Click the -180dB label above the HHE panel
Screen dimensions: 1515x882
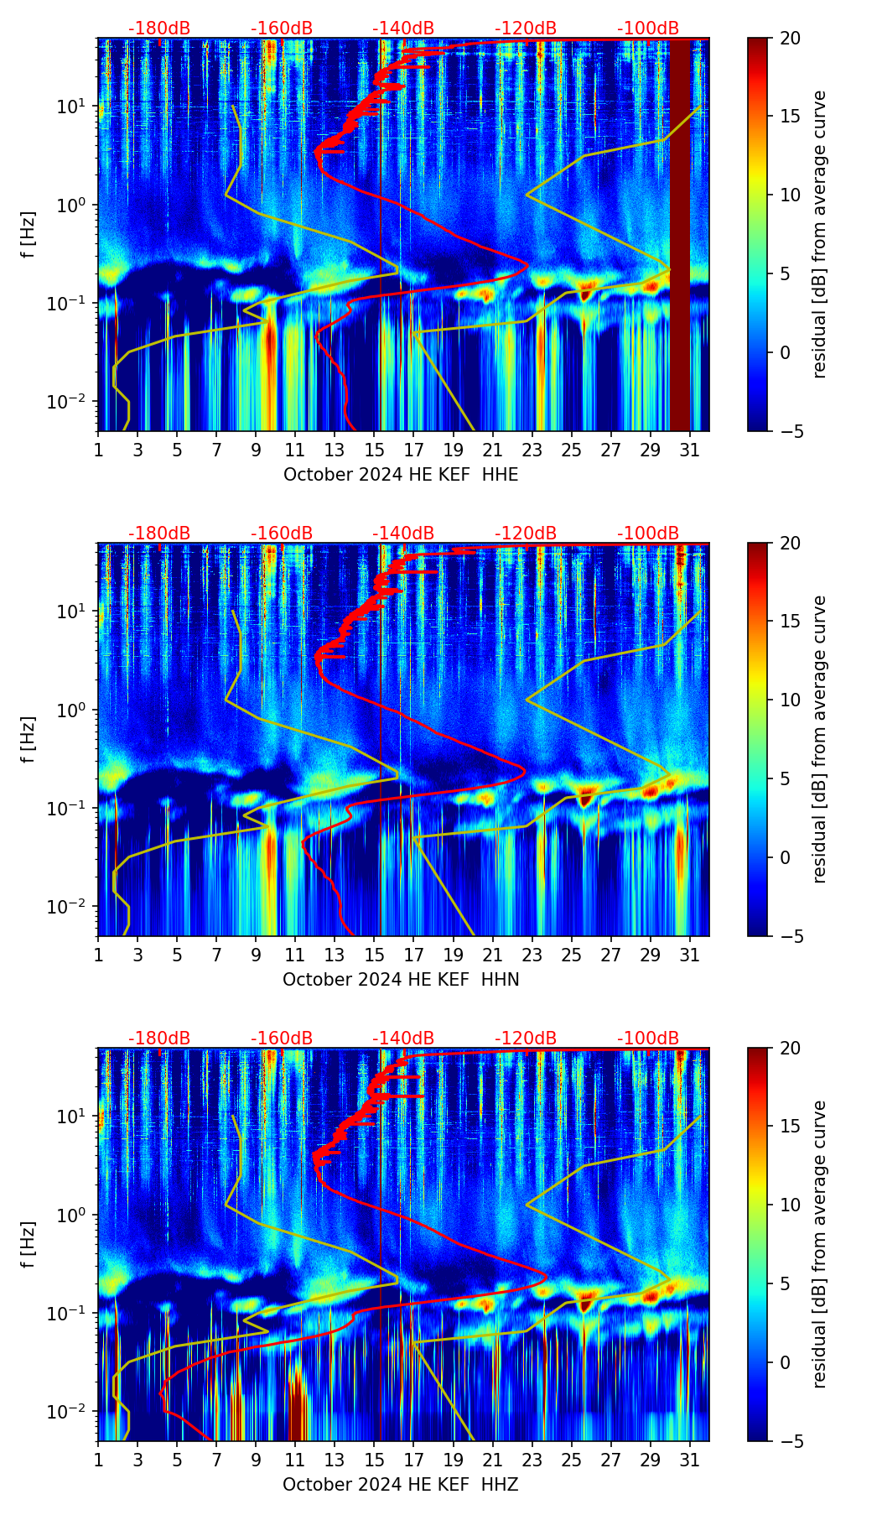click(x=159, y=29)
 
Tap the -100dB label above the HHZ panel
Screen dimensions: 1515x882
click(x=648, y=1039)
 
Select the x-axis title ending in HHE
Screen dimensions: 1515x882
click(x=401, y=475)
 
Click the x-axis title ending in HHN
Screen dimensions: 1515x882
click(x=401, y=980)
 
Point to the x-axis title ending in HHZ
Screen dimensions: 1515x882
click(x=401, y=1485)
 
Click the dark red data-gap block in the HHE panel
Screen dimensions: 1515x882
click(x=679, y=235)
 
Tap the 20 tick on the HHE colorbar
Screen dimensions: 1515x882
click(x=784, y=39)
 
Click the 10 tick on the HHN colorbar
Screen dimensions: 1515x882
click(x=784, y=700)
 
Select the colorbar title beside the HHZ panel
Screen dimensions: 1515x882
click(x=820, y=1244)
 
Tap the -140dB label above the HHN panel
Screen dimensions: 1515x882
click(x=403, y=534)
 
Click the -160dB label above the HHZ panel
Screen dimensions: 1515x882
click(x=282, y=1039)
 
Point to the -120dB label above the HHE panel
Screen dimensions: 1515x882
click(x=526, y=29)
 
